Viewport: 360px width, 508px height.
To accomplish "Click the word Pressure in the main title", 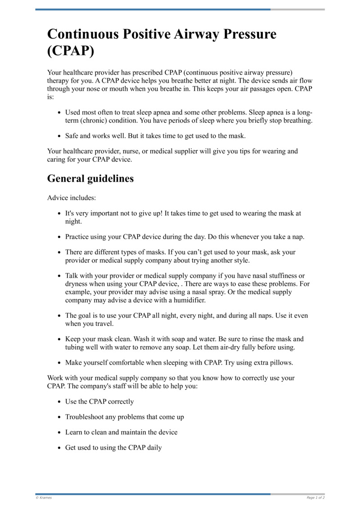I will pos(241,34).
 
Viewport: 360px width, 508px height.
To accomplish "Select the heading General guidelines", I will pos(90,178).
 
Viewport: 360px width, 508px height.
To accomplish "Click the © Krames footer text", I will pos(44,498).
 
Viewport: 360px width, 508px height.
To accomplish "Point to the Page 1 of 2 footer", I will pos(315,498).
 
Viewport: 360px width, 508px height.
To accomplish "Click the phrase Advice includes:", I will pos(71,197).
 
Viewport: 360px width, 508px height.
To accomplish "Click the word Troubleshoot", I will pos(85,417).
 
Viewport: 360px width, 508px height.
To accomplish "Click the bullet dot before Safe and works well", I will pos(59,136).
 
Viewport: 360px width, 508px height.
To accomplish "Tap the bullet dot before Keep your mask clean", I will pos(59,339).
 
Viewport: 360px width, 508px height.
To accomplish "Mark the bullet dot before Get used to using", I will pos(59,448).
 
